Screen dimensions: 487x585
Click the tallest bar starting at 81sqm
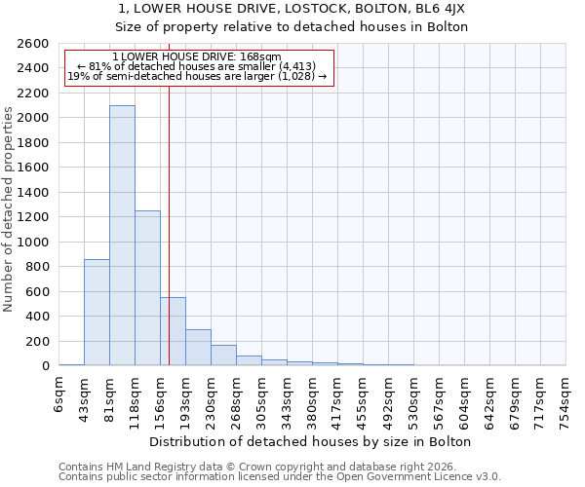[122, 235]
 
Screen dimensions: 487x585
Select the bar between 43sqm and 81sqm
[97, 312]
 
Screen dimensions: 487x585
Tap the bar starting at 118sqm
[147, 287]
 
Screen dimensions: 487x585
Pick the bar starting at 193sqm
[198, 348]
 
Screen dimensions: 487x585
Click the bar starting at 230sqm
[223, 356]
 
